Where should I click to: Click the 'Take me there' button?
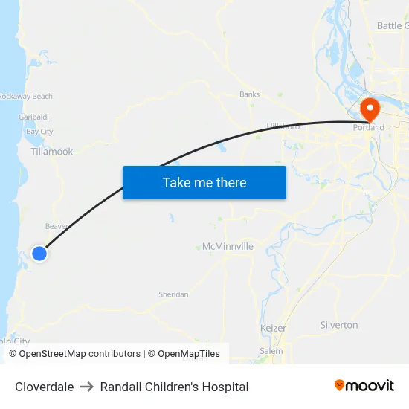coord(204,182)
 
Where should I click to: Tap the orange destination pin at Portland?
coord(370,111)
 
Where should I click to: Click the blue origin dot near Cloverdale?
coord(39,254)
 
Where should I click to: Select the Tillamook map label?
coord(52,152)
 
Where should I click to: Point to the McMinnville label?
coord(228,246)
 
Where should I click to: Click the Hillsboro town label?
coord(283,126)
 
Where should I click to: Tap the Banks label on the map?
coord(249,94)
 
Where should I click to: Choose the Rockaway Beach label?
coord(26,97)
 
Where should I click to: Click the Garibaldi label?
coord(33,117)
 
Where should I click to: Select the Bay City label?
coord(39,132)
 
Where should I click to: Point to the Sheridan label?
coord(173,294)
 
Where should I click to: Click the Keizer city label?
coord(273,328)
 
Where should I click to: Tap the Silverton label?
coord(338,325)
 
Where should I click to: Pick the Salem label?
coord(271,350)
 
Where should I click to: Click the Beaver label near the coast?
coord(57,226)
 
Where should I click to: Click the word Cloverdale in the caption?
coord(45,387)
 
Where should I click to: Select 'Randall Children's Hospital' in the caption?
coord(174,387)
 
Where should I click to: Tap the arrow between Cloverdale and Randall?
coord(87,387)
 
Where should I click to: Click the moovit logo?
coord(364,386)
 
